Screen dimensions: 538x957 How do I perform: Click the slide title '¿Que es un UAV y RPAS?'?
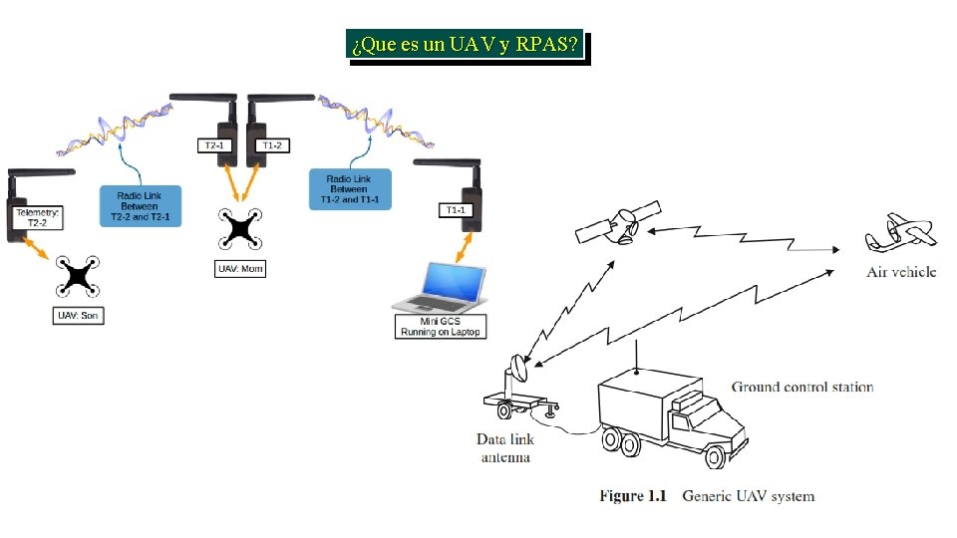coord(465,47)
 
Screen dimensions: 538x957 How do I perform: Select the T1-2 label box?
coord(272,145)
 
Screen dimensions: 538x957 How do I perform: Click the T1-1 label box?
coord(455,210)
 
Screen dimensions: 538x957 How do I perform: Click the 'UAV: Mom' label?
coord(241,268)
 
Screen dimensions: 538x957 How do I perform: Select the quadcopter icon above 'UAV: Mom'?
coord(241,228)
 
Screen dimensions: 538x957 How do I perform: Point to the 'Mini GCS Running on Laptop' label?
coord(440,326)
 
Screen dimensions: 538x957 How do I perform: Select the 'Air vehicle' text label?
coord(901,272)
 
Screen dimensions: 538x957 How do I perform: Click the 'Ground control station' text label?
coord(802,387)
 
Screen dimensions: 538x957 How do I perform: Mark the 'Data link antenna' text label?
coord(505,447)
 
